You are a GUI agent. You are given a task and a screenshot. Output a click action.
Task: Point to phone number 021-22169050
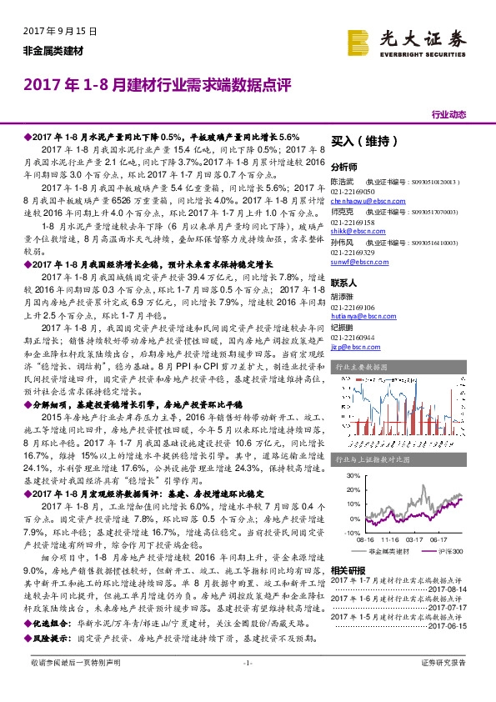pos(354,191)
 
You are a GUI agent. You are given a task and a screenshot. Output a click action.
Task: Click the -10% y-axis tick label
pos(348,531)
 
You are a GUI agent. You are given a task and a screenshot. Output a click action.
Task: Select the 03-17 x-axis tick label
pos(416,539)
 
